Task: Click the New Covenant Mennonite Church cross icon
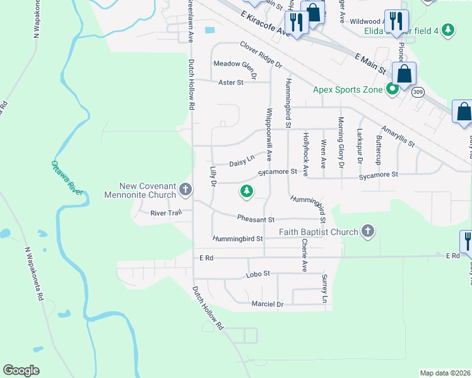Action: click(186, 188)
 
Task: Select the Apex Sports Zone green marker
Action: click(392, 89)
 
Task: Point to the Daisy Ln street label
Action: click(242, 162)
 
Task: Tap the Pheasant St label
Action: click(256, 219)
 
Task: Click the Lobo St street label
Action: click(257, 274)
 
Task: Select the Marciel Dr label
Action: click(268, 304)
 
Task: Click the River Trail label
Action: click(166, 213)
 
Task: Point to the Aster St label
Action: click(230, 83)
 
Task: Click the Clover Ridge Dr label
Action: click(261, 55)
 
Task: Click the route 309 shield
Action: click(418, 93)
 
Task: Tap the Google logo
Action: click(21, 370)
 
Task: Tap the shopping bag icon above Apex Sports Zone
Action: click(404, 72)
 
